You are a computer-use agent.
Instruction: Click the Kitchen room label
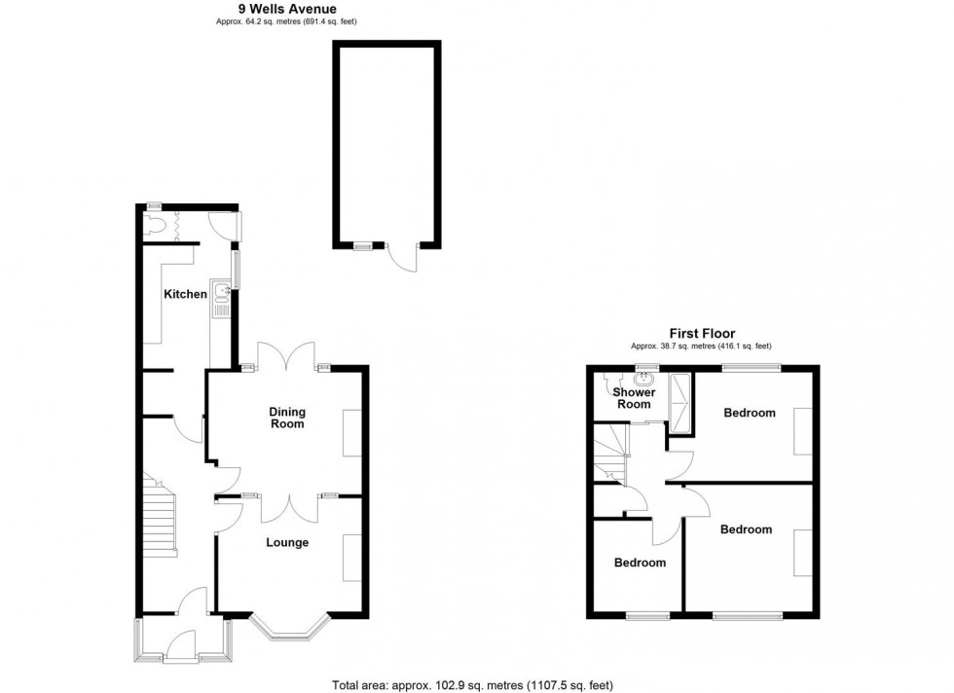[x=186, y=295]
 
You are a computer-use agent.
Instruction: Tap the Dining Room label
[x=287, y=418]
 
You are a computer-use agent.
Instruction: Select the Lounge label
[x=287, y=543]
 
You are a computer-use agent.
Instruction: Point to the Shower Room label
[x=634, y=398]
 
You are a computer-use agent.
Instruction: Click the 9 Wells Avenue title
[x=287, y=9]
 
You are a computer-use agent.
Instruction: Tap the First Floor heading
[x=702, y=334]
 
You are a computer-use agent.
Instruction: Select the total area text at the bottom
[x=472, y=685]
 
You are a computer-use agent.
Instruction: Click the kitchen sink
[x=220, y=298]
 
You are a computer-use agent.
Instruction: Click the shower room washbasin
[x=643, y=380]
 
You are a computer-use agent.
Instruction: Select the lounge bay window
[x=291, y=627]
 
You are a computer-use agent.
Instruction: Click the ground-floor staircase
[x=160, y=515]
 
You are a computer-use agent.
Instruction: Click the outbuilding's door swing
[x=402, y=258]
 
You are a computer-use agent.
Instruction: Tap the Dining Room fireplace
[x=352, y=433]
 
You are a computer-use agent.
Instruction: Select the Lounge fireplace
[x=352, y=558]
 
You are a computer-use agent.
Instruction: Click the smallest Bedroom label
[x=641, y=563]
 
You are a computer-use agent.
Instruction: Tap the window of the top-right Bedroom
[x=752, y=368]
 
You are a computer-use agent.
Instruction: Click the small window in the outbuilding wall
[x=363, y=246]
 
